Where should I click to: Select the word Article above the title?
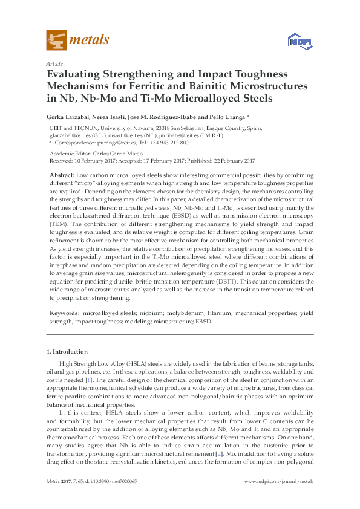tap(54, 63)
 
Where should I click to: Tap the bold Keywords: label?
tap(64, 313)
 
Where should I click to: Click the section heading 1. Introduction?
tap(67, 351)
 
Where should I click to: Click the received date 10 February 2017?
tap(91, 161)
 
